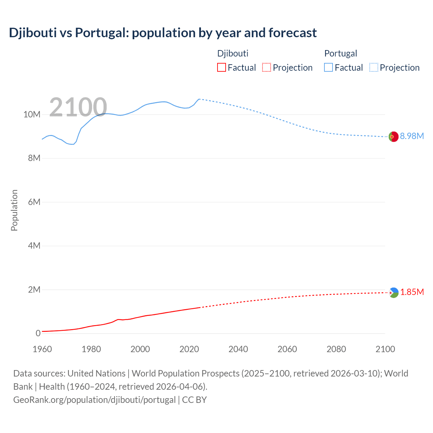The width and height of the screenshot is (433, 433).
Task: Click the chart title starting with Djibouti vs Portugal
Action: point(163,33)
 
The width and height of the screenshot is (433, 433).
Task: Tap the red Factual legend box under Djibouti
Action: point(221,68)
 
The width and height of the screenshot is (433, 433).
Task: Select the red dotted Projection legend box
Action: point(267,68)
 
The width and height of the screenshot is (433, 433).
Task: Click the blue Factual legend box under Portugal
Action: point(328,68)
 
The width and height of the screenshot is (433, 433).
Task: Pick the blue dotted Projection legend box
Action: point(374,68)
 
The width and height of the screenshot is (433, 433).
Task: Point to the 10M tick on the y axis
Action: point(32,115)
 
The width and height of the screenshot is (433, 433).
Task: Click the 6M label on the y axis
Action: point(34,202)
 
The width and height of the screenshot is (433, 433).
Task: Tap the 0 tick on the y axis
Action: point(38,333)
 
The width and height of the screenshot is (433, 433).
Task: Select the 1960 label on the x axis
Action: point(42,349)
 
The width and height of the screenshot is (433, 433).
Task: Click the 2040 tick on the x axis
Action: point(238,349)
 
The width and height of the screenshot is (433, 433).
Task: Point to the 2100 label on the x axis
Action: point(385,349)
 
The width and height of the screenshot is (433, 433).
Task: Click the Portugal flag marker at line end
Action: point(393,137)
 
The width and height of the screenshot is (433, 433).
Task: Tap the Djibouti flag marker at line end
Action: point(393,293)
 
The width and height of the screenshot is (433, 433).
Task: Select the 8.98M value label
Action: point(412,136)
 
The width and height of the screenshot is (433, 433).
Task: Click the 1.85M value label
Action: point(412,292)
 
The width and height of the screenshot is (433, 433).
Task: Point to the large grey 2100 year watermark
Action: point(78,107)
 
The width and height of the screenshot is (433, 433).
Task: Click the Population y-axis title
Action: point(14,210)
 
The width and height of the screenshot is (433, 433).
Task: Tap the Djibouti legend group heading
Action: point(233,53)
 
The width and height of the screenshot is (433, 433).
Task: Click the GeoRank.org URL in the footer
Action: point(94,400)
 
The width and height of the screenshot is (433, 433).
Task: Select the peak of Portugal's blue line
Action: point(199,99)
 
